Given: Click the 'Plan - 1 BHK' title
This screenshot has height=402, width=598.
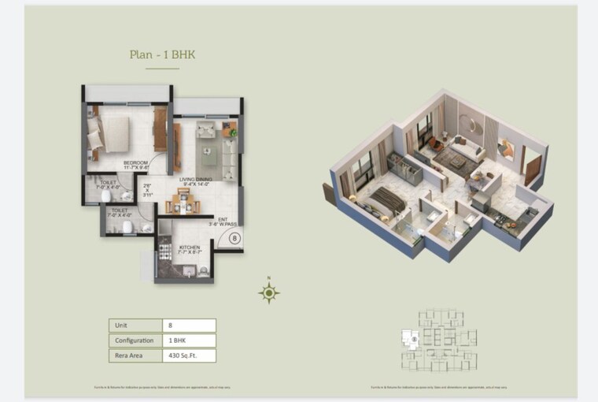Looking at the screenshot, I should (162, 55).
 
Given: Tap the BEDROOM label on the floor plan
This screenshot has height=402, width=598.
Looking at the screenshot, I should (135, 166).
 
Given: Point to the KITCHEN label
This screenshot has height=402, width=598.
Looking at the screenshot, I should (189, 249).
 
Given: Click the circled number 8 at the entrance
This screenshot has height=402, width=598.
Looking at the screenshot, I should (234, 236).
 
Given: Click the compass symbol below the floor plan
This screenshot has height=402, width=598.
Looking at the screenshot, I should (269, 294).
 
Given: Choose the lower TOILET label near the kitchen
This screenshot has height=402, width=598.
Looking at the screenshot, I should (120, 213).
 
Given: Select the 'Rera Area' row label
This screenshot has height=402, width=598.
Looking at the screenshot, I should (128, 355).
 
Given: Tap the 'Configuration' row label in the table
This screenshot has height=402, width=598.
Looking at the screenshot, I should (135, 341).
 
